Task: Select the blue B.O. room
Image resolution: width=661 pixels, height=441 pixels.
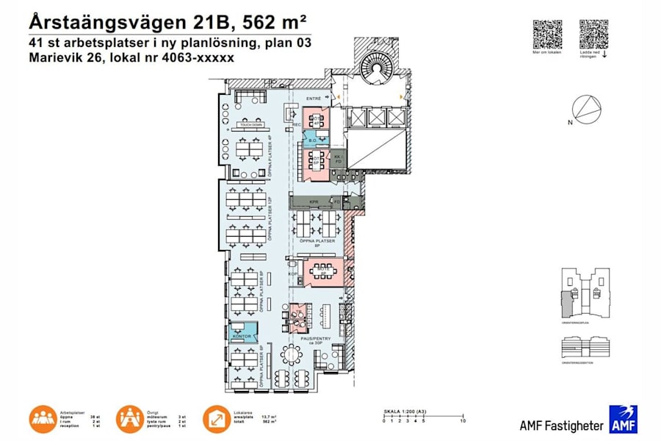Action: point(312,140)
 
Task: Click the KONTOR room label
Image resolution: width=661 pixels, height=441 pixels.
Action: point(242,337)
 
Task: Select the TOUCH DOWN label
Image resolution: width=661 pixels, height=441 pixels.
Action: point(251,126)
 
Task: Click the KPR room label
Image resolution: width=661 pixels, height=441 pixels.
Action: point(314,200)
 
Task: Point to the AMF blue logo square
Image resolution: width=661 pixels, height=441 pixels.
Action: point(622,419)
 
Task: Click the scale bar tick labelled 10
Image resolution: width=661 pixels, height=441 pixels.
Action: point(463,420)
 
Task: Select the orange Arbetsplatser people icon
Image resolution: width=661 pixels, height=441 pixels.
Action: point(43,418)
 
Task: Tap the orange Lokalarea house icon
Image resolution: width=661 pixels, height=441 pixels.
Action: point(217,418)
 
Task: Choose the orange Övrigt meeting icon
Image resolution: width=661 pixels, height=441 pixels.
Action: point(130,418)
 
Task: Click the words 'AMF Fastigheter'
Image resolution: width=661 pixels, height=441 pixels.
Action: point(560,425)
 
